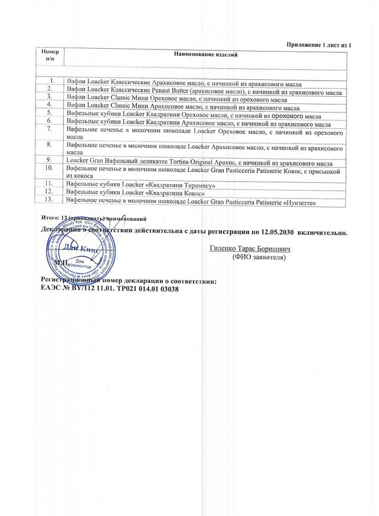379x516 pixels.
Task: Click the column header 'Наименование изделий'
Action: point(206,55)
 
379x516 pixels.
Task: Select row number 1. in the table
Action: point(53,80)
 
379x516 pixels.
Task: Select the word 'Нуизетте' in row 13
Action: point(296,201)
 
